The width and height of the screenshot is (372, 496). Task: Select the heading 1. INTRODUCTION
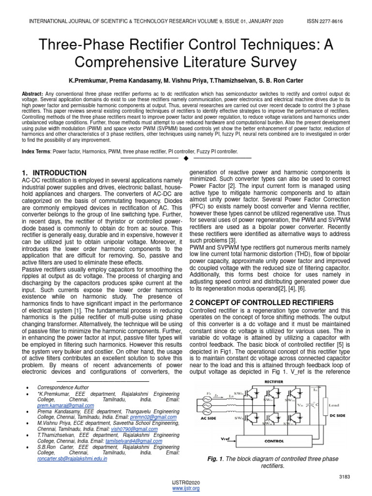tap(55, 173)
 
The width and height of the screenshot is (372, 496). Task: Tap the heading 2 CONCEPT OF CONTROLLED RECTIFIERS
tap(261, 302)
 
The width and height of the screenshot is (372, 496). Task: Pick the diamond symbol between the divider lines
tap(186, 158)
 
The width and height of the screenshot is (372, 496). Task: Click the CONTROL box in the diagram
tap(274, 441)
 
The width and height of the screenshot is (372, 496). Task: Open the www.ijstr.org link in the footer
tap(186, 489)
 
